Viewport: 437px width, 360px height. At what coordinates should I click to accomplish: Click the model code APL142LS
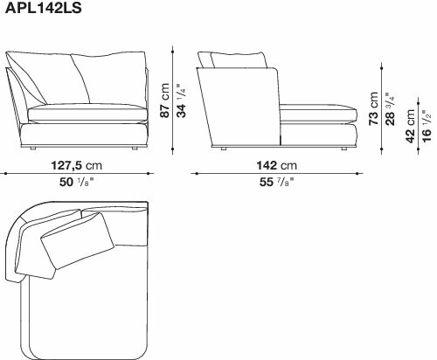(x=44, y=8)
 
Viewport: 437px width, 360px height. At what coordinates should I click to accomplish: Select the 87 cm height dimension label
(x=165, y=100)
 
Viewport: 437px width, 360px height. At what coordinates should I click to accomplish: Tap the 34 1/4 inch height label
(x=181, y=100)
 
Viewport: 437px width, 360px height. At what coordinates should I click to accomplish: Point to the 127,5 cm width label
(x=77, y=166)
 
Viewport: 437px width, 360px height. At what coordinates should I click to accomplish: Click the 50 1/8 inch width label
(x=76, y=182)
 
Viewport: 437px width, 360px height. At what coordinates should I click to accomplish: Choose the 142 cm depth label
(x=276, y=166)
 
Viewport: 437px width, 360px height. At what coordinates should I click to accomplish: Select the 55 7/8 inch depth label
(x=276, y=182)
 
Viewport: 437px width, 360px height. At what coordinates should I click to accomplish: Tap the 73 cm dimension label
(x=373, y=108)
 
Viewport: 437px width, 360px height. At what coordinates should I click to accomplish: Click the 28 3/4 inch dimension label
(x=390, y=108)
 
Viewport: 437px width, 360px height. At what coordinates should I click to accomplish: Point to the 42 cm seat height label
(x=410, y=126)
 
